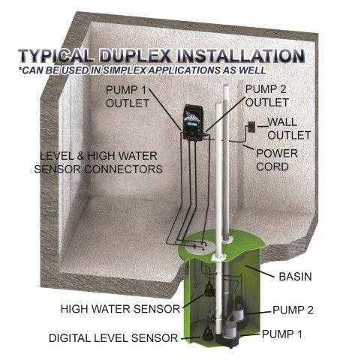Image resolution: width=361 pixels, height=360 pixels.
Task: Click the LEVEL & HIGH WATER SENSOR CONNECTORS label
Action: click(x=98, y=163)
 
